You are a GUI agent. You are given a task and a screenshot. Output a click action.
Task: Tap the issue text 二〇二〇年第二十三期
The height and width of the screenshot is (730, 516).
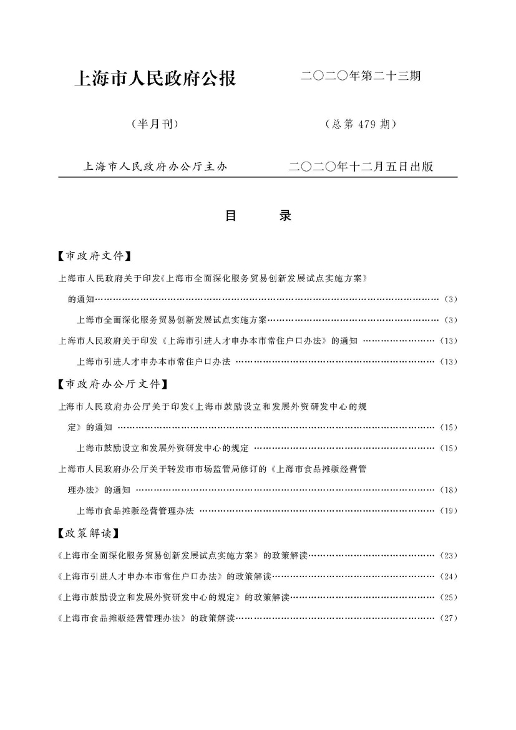[x=361, y=77]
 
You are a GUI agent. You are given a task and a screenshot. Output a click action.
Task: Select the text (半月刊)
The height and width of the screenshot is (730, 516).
[x=155, y=124]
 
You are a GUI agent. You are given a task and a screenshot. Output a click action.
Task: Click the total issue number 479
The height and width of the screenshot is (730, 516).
[x=365, y=124]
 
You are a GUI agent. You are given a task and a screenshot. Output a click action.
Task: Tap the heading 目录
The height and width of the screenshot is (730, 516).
[x=258, y=216]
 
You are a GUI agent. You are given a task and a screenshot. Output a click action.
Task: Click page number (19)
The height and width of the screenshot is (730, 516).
[x=449, y=511]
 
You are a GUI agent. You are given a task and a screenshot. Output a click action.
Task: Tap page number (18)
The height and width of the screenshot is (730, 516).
[x=449, y=490]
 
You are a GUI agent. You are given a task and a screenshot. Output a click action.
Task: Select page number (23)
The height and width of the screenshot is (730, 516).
[x=449, y=555]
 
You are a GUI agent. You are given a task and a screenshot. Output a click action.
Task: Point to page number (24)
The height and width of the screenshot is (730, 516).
[x=449, y=576]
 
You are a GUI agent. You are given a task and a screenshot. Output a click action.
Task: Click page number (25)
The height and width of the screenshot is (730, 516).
[x=449, y=597]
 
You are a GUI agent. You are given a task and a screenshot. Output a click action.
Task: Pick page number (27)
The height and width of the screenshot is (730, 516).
[x=449, y=618]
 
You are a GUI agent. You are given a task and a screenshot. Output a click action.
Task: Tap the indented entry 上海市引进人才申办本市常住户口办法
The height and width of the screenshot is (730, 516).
[x=153, y=361]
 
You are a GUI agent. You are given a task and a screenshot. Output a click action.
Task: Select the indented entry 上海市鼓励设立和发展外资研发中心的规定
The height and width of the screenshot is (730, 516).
[x=162, y=448]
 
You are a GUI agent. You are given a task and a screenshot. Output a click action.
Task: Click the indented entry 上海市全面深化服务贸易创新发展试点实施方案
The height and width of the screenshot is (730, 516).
[x=172, y=320]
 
